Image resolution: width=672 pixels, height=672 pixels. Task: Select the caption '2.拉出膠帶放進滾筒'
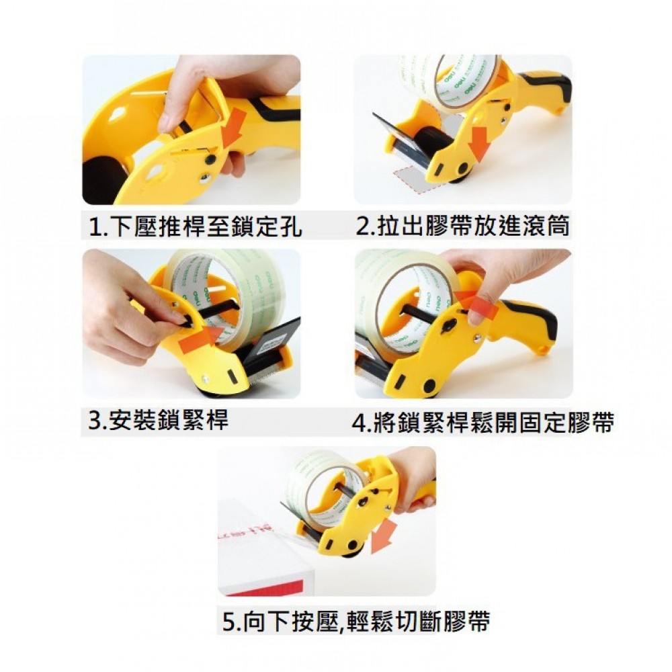(462, 226)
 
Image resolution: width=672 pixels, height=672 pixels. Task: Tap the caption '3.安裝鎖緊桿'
(158, 420)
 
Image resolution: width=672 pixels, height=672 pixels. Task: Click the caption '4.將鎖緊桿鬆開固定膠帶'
(483, 422)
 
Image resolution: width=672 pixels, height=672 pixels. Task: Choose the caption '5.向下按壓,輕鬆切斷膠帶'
(356, 621)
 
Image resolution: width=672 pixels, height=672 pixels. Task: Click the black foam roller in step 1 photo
(102, 180)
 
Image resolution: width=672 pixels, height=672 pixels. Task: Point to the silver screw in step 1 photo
(205, 177)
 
